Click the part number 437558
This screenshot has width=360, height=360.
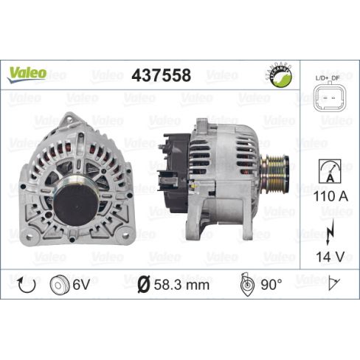tap(161, 75)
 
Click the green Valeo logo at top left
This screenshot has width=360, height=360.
tap(27, 72)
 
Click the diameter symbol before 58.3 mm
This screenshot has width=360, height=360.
tap(143, 284)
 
